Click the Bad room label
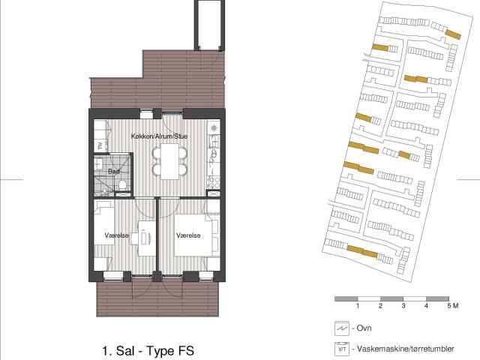[x=114, y=172]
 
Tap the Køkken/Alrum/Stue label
[x=159, y=136]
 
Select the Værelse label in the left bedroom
[x=116, y=235]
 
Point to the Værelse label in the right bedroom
[x=188, y=235]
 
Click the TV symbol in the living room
[x=100, y=146]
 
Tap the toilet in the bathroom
[x=122, y=185]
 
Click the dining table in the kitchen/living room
[x=169, y=162]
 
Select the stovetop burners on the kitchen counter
[x=213, y=182]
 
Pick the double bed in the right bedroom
[x=193, y=235]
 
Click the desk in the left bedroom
[x=147, y=238]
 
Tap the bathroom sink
[x=98, y=163]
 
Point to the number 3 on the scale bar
[x=403, y=305]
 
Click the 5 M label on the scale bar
[x=453, y=305]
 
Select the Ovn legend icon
[x=342, y=328]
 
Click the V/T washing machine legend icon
[x=342, y=349]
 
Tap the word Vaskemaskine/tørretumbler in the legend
[x=406, y=349]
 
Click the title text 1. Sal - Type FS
[x=148, y=351]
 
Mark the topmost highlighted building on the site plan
[x=453, y=34]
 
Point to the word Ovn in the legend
[x=364, y=328]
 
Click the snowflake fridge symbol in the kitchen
[x=214, y=128]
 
